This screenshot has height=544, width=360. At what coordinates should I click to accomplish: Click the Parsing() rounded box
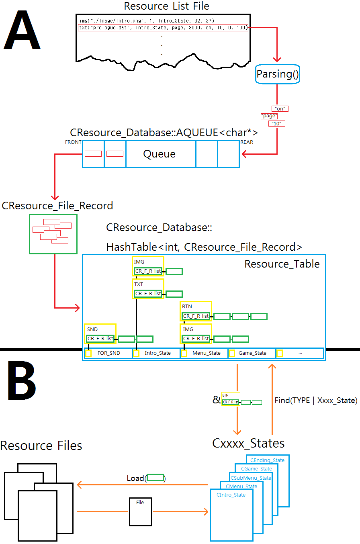coord(277,74)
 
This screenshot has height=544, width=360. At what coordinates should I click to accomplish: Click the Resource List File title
coord(166,6)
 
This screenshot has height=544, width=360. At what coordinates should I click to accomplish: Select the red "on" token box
coord(280,108)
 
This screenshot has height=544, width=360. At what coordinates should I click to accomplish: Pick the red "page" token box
coord(268,116)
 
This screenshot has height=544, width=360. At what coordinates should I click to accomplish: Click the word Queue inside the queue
coord(159,154)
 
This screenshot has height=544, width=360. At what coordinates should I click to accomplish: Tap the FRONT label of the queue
coord(73,142)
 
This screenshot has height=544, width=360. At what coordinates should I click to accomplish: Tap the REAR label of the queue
coord(247,142)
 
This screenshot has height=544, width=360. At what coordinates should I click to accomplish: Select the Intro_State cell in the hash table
coord(157,353)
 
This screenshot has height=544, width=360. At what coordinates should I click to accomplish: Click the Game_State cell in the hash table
coord(252,353)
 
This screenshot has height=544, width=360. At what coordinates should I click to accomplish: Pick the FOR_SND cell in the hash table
coord(109,353)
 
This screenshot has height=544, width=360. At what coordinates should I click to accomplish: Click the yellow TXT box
coord(148,289)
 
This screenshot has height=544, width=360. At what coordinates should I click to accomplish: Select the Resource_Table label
coord(282,264)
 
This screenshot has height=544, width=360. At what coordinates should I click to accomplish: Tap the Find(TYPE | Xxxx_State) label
coord(316,400)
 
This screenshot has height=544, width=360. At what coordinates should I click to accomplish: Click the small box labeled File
coord(140,512)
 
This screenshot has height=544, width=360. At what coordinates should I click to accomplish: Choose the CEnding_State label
coord(267,460)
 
